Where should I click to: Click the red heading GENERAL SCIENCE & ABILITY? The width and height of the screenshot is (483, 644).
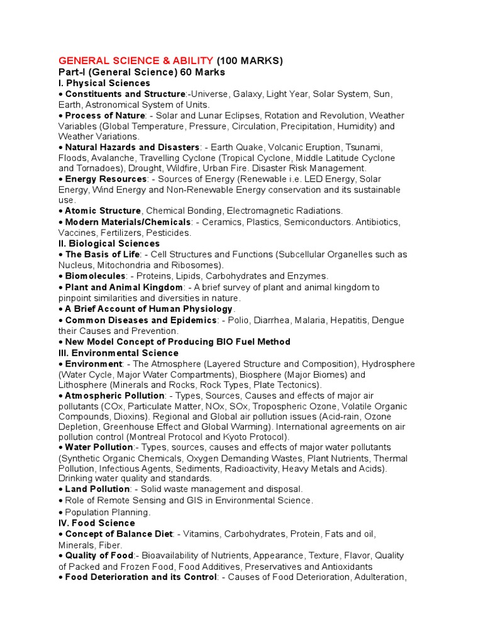(136, 61)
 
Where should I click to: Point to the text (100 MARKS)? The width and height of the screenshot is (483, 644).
(250, 61)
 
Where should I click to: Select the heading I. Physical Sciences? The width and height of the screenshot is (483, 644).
(104, 83)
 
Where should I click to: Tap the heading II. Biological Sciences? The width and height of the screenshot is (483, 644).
(109, 243)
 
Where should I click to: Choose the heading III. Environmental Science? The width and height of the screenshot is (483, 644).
(118, 353)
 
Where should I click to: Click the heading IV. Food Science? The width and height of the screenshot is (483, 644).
(96, 523)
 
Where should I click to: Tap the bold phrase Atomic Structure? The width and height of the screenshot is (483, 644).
(103, 211)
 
